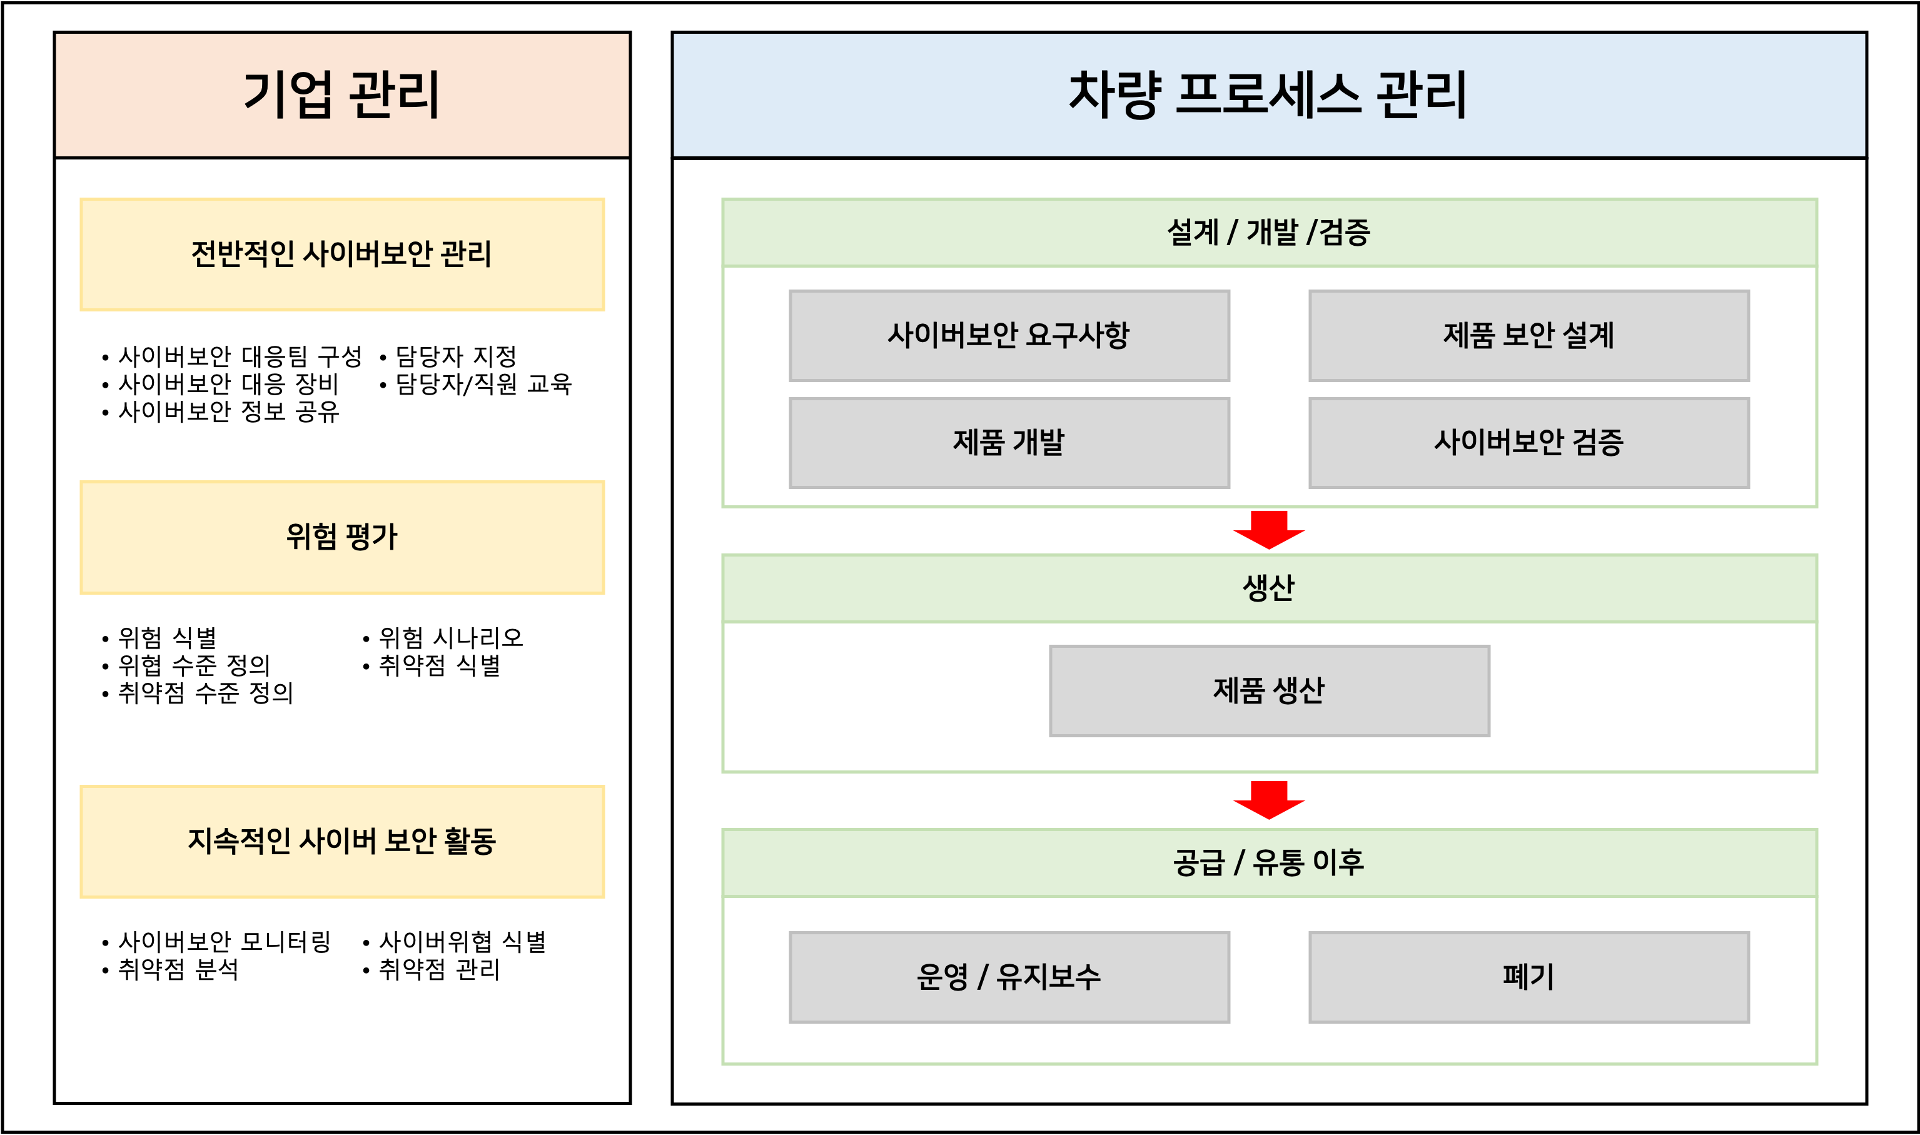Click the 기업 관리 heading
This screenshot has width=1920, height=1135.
pyautogui.click(x=342, y=95)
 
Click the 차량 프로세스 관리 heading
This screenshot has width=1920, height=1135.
pyautogui.click(x=1268, y=95)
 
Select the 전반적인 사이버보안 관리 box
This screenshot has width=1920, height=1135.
pyautogui.click(x=342, y=255)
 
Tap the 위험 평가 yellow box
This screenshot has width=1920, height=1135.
pyautogui.click(x=342, y=537)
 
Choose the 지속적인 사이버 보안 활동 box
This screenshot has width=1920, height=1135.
pyautogui.click(x=342, y=841)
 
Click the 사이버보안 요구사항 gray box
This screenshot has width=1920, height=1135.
pyautogui.click(x=1009, y=336)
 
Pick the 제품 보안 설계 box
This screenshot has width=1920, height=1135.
pyautogui.click(x=1528, y=336)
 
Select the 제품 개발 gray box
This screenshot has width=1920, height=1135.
pyautogui.click(x=1009, y=443)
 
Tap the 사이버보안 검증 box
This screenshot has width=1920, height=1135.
pyautogui.click(x=1528, y=443)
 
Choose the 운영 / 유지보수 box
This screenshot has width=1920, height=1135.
pyautogui.click(x=1009, y=977)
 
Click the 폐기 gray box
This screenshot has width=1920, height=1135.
pyautogui.click(x=1528, y=977)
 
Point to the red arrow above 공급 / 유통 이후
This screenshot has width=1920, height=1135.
pyautogui.click(x=1269, y=800)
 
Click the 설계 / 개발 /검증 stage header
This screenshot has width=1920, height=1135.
pyautogui.click(x=1269, y=233)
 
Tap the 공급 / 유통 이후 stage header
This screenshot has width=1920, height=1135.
pyautogui.click(x=1269, y=863)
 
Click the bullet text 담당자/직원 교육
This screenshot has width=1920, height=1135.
pyautogui.click(x=483, y=384)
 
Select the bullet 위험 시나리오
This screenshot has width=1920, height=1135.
pyautogui.click(x=452, y=638)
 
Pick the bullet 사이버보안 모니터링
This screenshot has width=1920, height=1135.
pyautogui.click(x=224, y=942)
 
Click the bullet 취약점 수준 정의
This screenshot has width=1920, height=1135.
pyautogui.click(x=206, y=693)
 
